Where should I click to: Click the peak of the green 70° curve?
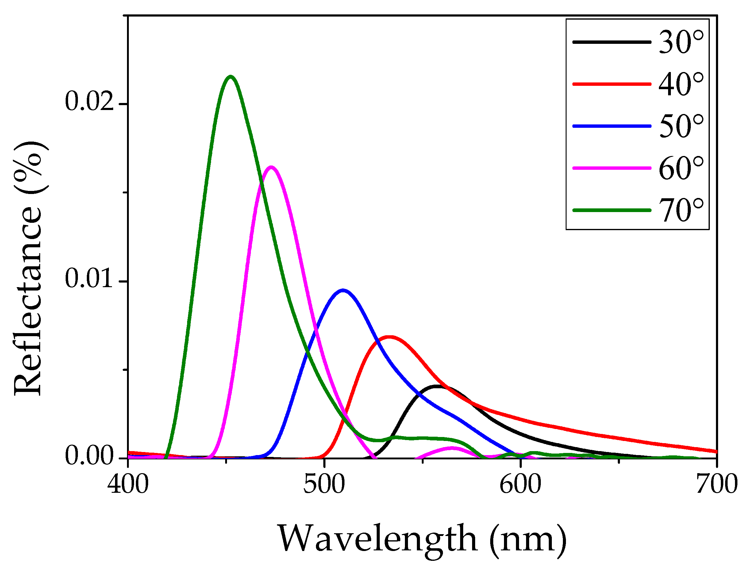click(231, 77)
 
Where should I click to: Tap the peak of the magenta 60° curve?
click(271, 167)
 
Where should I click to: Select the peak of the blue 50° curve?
click(343, 291)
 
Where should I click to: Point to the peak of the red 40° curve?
click(390, 337)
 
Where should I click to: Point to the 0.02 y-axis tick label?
click(89, 102)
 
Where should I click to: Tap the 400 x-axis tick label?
click(128, 484)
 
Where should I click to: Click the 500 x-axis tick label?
click(324, 484)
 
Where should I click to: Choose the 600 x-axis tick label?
click(521, 484)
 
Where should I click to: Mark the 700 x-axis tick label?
click(716, 484)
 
